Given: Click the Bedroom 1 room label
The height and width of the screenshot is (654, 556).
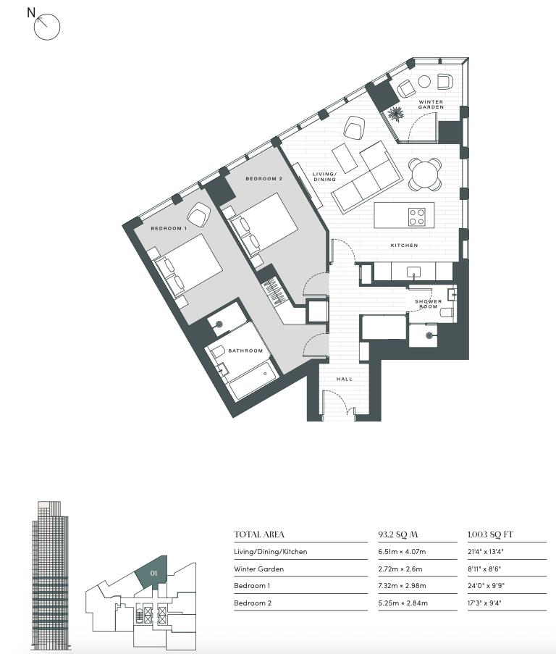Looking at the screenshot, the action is (169, 228).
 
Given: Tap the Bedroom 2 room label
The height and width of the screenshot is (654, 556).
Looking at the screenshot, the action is (264, 178).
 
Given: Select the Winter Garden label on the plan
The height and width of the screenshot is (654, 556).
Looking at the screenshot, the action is (431, 104).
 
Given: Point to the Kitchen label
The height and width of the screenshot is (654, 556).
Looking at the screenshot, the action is (404, 246).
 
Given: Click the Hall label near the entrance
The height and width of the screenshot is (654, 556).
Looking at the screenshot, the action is (345, 379).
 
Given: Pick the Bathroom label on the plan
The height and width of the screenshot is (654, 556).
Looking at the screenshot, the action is (245, 351).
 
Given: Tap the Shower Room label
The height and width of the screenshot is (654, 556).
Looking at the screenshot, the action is (428, 303).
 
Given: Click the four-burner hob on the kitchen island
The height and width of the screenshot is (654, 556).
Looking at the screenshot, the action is (417, 217).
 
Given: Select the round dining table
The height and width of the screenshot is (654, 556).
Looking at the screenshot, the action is (425, 175).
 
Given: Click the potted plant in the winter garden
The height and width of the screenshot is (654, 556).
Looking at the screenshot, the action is (395, 114).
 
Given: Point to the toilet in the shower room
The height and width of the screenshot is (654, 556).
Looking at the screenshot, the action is (447, 312).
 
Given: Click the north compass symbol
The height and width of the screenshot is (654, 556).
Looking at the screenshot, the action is (46, 27).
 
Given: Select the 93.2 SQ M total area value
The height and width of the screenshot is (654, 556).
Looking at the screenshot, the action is (398, 534).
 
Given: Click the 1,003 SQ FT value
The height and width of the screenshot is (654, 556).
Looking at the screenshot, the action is (490, 534).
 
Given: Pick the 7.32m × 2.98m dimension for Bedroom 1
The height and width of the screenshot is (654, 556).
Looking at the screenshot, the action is (402, 586).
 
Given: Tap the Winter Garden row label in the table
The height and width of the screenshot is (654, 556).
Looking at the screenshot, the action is (259, 569).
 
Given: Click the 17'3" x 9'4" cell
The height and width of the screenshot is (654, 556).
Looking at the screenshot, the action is (486, 603).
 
